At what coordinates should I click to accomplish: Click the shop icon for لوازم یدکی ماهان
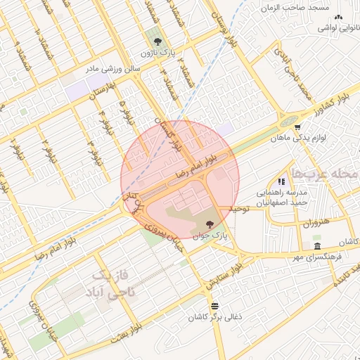(x=298, y=128)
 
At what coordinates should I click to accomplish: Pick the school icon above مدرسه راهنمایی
(x=281, y=181)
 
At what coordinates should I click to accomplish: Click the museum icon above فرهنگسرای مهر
(x=319, y=246)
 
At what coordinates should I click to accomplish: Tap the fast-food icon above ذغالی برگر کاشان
(x=214, y=306)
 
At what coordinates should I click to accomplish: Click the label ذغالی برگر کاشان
(x=214, y=317)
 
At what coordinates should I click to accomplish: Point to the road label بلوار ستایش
(x=224, y=274)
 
